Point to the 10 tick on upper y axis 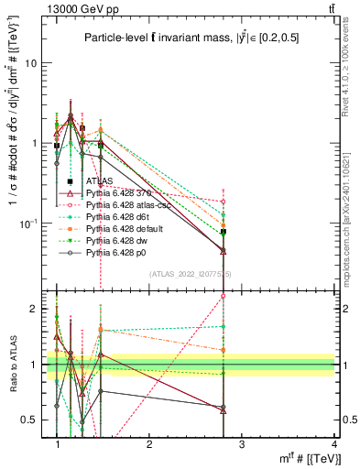coord(32,63)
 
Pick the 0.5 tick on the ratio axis coord(30,420)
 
